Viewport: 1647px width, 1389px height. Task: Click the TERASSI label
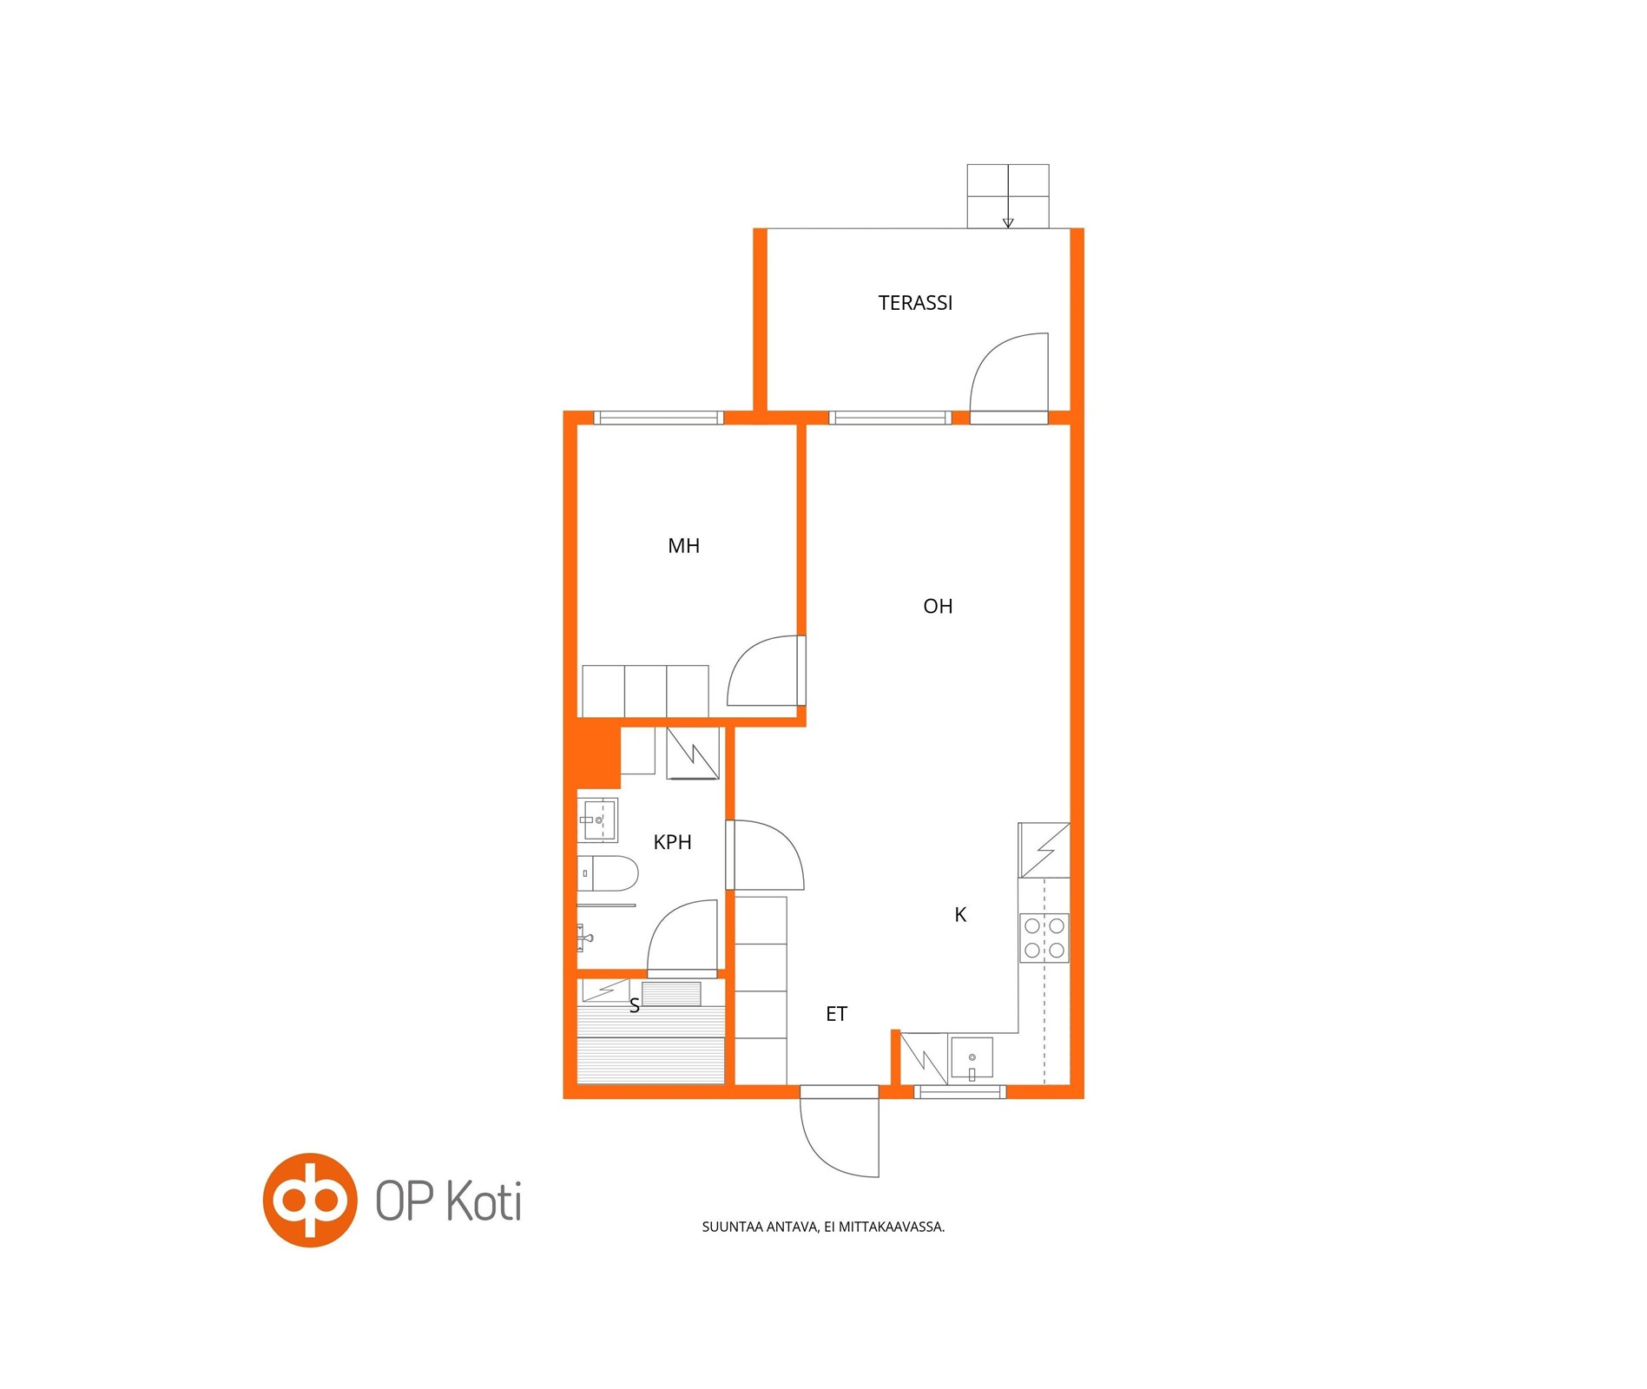pyautogui.click(x=915, y=303)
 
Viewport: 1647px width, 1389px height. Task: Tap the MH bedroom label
pyautogui.click(x=683, y=546)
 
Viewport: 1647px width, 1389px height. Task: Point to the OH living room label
pyautogui.click(x=938, y=607)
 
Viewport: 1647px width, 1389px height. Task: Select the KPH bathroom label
pyautogui.click(x=672, y=842)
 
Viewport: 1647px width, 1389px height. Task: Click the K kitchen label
pyautogui.click(x=960, y=914)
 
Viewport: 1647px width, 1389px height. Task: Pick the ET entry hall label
pyautogui.click(x=836, y=1014)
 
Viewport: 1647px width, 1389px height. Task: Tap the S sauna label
pyautogui.click(x=635, y=1005)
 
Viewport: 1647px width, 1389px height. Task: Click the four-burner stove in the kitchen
pyautogui.click(x=1044, y=938)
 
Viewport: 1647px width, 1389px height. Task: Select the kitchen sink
pyautogui.click(x=972, y=1058)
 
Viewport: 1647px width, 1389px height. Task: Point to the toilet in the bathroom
pyautogui.click(x=608, y=873)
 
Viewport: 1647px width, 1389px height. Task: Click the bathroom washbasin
pyautogui.click(x=598, y=820)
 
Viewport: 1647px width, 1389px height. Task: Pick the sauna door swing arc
pyautogui.click(x=665, y=920)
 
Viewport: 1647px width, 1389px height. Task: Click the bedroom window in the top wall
pyautogui.click(x=659, y=418)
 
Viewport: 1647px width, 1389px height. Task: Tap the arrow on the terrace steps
pyautogui.click(x=1008, y=222)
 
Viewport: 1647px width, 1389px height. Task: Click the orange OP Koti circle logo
pyautogui.click(x=310, y=1200)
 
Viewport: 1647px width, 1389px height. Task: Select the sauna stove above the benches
pyautogui.click(x=671, y=993)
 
